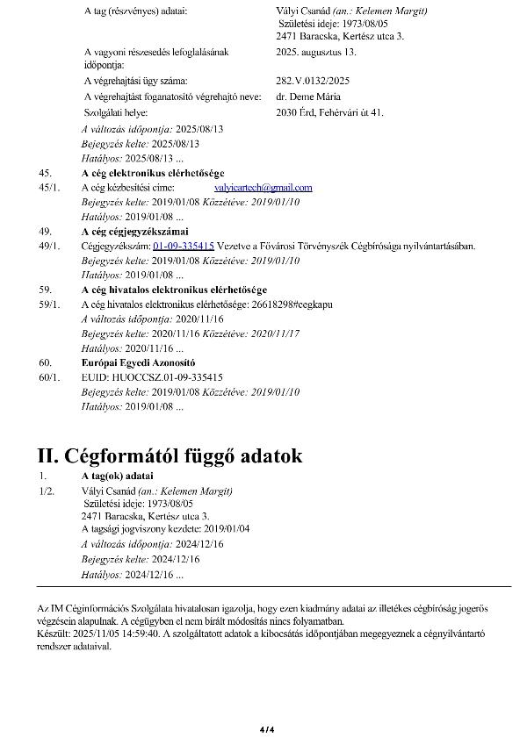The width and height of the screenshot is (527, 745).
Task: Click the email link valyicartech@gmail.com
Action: pyautogui.click(x=263, y=188)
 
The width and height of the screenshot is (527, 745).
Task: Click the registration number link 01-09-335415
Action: pyautogui.click(x=184, y=247)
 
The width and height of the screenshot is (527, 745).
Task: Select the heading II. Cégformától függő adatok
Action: pyautogui.click(x=170, y=456)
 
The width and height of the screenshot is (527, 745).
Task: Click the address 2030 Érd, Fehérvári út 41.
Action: pyautogui.click(x=329, y=112)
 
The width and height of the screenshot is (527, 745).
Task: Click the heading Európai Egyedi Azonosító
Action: pyautogui.click(x=138, y=362)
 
